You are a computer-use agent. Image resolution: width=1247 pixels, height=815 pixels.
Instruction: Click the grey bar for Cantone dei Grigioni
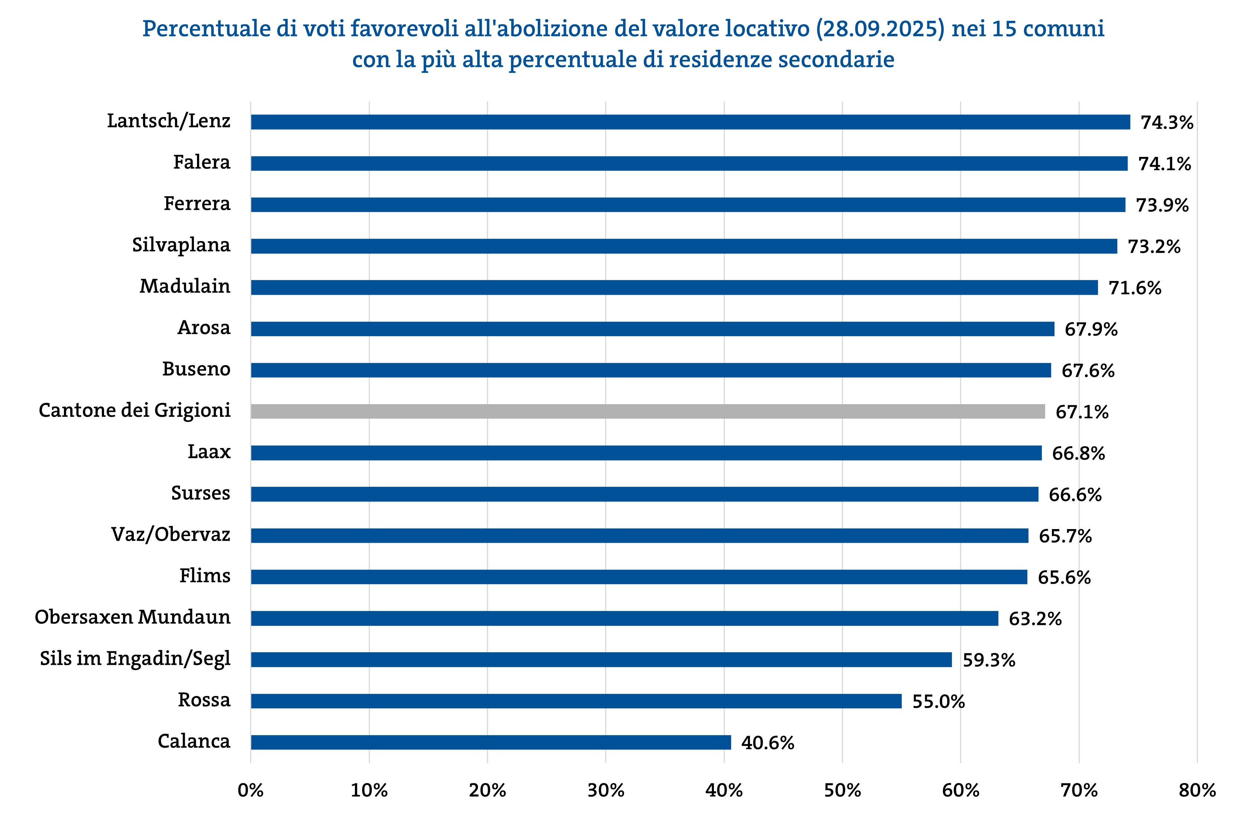[647, 412]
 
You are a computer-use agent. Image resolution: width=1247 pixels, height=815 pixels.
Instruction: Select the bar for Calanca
[490, 742]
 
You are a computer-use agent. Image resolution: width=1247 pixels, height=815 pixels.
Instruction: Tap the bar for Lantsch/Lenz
[690, 122]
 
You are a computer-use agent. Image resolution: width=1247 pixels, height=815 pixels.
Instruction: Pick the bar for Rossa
[576, 701]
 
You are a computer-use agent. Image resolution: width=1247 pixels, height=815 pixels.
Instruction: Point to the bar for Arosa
[652, 329]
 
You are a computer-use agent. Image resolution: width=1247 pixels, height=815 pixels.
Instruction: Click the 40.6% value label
[768, 743]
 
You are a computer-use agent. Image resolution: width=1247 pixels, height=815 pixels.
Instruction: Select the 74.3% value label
[1167, 123]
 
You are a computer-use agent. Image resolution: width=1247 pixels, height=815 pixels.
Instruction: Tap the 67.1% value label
[1082, 412]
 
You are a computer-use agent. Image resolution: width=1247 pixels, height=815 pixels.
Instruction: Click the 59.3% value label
[989, 660]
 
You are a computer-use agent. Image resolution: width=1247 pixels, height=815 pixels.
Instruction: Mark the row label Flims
[205, 576]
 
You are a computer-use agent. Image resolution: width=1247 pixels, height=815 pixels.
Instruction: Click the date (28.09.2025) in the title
[880, 29]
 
